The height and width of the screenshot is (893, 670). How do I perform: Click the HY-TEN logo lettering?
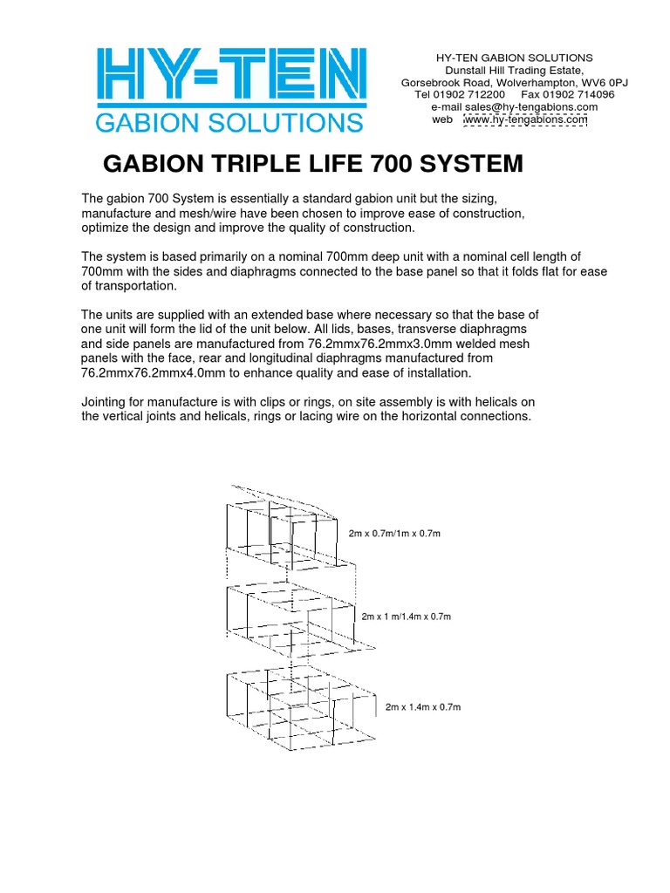(231, 75)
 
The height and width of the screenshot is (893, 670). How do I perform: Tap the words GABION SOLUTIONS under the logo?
(229, 123)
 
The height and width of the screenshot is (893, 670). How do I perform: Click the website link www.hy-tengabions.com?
(525, 119)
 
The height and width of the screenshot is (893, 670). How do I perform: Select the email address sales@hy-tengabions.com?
(531, 107)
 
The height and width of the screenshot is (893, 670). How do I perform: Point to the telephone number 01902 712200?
(468, 94)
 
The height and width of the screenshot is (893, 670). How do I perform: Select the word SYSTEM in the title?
(471, 164)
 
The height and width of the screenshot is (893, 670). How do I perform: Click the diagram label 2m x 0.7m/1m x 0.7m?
(394, 534)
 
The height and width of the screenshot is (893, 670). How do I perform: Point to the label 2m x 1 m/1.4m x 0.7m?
(407, 617)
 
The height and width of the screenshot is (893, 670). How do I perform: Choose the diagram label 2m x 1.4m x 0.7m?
(423, 707)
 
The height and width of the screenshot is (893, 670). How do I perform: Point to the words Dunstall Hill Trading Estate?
(515, 70)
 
